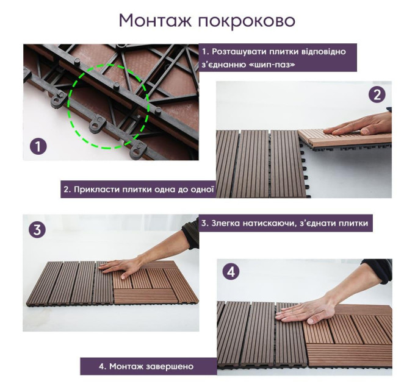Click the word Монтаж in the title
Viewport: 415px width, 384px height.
click(155, 21)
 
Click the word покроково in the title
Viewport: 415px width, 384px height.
click(247, 21)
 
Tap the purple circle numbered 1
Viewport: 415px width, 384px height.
click(38, 147)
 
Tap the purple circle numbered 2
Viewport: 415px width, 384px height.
click(377, 94)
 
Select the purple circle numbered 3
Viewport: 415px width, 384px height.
click(37, 229)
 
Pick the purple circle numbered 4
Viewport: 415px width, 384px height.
click(231, 271)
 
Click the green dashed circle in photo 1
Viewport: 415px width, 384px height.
click(69, 105)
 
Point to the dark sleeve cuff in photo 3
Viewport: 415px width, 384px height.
click(190, 233)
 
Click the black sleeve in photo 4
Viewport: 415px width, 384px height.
click(377, 271)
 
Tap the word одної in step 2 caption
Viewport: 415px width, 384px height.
click(202, 190)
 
